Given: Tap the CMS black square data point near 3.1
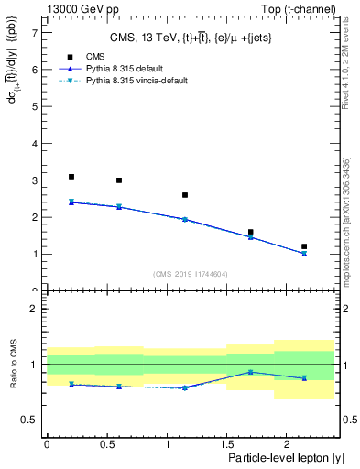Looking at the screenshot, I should (71, 177).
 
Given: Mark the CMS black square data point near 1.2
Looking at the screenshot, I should (304, 246).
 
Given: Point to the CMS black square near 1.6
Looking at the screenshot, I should (251, 233).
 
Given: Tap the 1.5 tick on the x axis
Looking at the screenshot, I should (226, 445).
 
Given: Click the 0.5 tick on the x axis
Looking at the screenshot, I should (106, 445).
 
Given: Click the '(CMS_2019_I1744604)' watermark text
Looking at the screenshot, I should (190, 274).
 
